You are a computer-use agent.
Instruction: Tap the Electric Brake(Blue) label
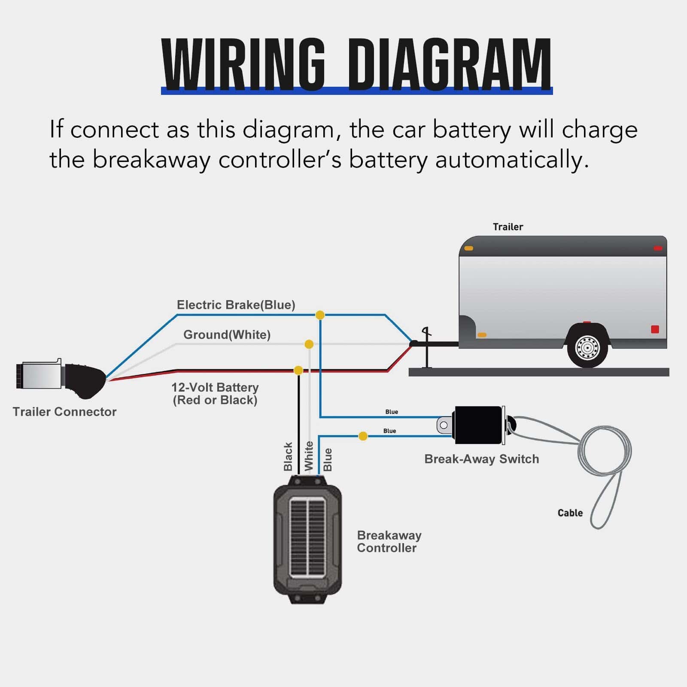[x=236, y=305]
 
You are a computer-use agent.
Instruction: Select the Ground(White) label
[x=227, y=334]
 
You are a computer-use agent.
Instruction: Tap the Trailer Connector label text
[x=64, y=412]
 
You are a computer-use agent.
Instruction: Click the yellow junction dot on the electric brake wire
[x=320, y=315]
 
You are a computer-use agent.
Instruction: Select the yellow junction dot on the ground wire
[x=309, y=344]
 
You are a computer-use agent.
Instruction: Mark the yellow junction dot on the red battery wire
[x=298, y=370]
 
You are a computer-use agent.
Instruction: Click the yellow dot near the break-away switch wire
[x=363, y=436]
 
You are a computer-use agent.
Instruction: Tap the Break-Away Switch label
[x=481, y=459]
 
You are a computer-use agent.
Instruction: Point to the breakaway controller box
[x=307, y=539]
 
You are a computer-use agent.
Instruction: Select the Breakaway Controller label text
[x=389, y=541]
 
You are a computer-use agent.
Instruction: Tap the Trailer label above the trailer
[x=508, y=227]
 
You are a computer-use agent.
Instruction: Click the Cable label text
[x=570, y=513]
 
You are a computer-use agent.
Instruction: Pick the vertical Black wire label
[x=288, y=456]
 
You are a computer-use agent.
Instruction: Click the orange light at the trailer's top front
[x=468, y=248]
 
